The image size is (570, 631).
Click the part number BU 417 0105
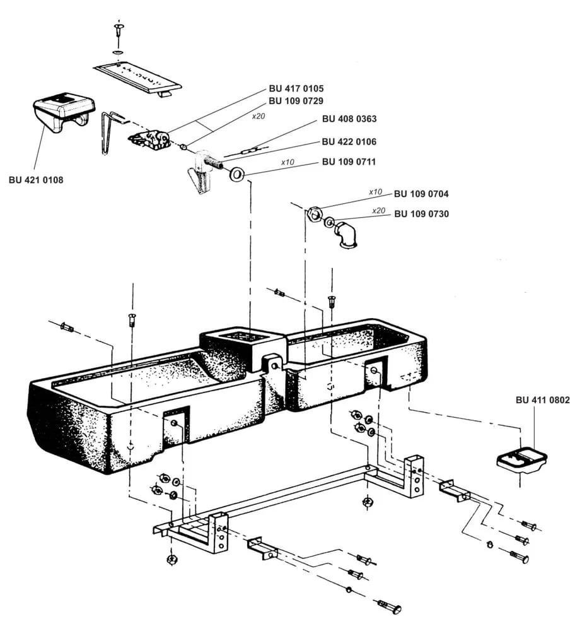[296, 89]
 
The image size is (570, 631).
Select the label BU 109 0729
[296, 100]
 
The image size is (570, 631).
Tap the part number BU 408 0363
[349, 119]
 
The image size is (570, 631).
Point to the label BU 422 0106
[349, 142]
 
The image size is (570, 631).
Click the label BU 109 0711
[349, 162]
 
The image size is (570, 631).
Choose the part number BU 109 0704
[421, 194]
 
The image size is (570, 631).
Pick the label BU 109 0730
[421, 214]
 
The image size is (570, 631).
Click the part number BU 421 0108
[36, 180]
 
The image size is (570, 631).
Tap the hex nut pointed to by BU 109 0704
[315, 213]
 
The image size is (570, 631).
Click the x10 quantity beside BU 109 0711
[288, 162]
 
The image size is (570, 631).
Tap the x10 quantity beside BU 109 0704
[376, 191]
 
